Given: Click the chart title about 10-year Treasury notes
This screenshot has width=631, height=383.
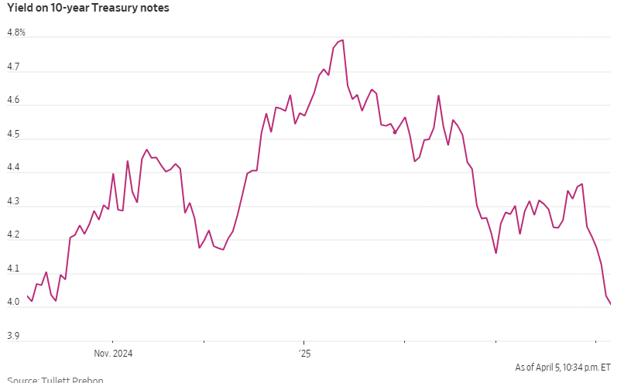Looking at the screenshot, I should (88, 9).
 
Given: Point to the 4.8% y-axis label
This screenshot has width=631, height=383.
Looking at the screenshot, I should (16, 32).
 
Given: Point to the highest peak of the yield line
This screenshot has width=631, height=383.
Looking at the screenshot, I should (342, 40).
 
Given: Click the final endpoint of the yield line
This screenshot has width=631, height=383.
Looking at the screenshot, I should (611, 304).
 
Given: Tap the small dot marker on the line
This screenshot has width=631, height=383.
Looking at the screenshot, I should (395, 132).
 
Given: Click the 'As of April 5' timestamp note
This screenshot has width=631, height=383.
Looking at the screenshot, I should (563, 367).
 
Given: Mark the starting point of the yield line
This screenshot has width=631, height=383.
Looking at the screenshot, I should (27, 296).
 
